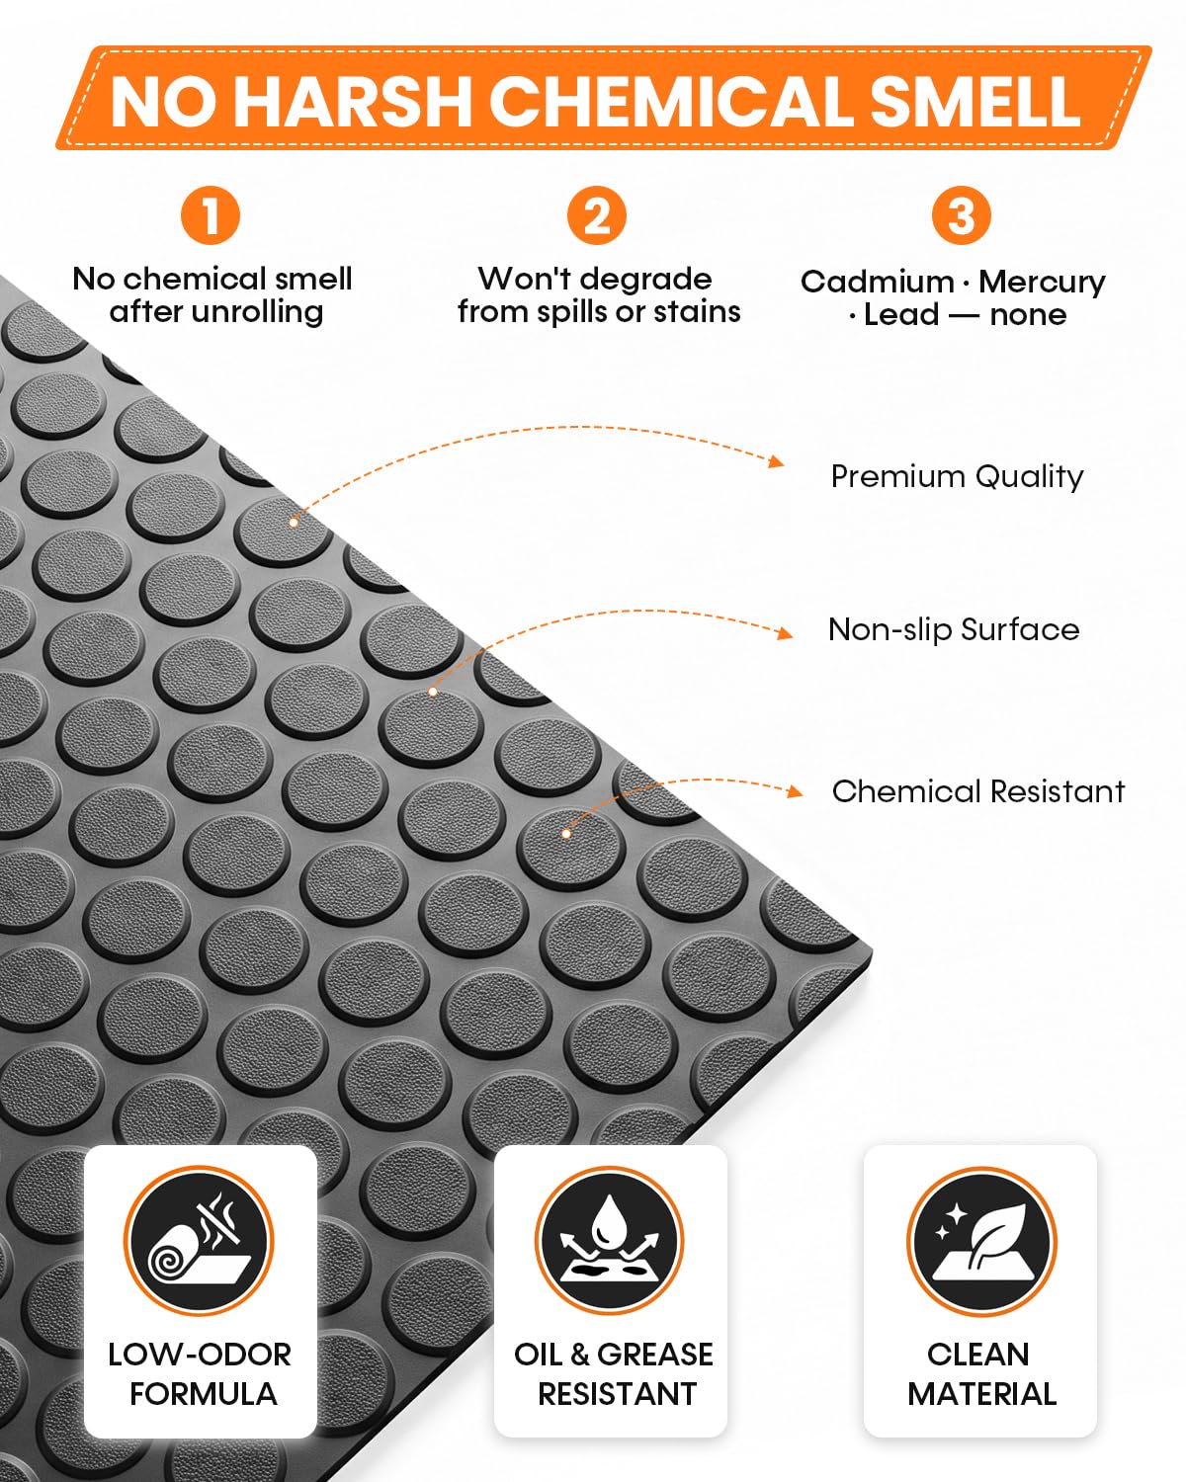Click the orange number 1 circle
point(211,215)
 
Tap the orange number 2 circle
point(597,215)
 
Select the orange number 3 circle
point(962,215)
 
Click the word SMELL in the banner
point(974,101)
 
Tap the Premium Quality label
point(958,477)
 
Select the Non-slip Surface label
point(954,629)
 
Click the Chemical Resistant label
point(978,791)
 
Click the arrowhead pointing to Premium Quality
point(778,460)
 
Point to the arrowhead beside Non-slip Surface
point(785,632)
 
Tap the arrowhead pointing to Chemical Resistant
point(796,791)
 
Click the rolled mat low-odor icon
point(200,1241)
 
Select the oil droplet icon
point(609,1241)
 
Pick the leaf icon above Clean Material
point(981,1241)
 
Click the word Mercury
point(1042,282)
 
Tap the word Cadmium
point(878,282)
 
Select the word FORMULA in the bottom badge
point(204,1393)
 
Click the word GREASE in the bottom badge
point(654,1354)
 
